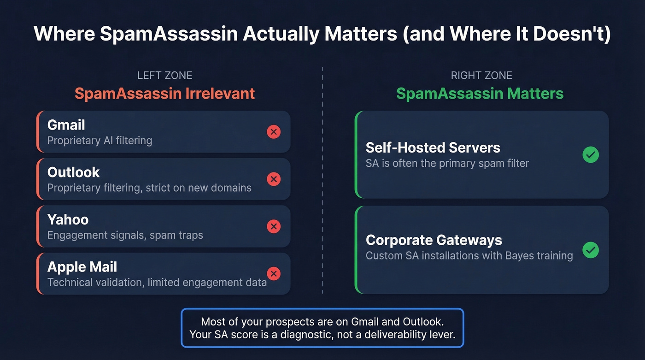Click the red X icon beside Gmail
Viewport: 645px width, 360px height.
click(274, 132)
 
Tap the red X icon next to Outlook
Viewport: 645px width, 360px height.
click(274, 179)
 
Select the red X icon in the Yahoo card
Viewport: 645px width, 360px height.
click(274, 226)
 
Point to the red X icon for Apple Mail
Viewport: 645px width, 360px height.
click(274, 273)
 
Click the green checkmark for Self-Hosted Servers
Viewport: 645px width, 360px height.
click(590, 155)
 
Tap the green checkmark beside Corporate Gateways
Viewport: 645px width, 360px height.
click(590, 250)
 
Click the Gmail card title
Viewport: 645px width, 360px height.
click(66, 125)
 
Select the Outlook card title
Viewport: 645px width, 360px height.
click(73, 172)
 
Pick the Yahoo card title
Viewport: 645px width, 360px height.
click(68, 219)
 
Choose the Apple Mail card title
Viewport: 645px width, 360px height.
click(82, 267)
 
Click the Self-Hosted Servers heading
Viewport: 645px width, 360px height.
click(433, 148)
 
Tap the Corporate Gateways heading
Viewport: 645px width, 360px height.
click(434, 240)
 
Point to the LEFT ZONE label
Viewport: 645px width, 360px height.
click(164, 76)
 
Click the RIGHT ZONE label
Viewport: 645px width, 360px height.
click(481, 76)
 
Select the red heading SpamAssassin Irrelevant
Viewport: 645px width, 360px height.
click(164, 94)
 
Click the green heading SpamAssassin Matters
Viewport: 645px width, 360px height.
click(480, 94)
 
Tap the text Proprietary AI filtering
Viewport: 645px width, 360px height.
click(100, 141)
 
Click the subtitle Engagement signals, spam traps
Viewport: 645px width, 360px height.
click(125, 235)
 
